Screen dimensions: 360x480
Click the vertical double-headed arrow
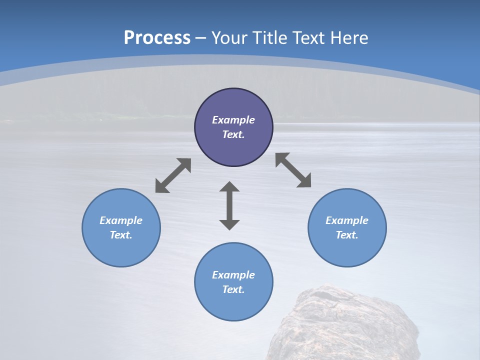229,206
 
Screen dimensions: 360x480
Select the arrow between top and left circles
173,175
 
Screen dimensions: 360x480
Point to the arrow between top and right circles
293,170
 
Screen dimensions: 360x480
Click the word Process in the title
157,38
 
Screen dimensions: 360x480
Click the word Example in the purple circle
233,120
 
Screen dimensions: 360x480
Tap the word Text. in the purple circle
233,134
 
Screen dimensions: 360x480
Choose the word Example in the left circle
121,220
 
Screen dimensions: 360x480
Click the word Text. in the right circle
347,235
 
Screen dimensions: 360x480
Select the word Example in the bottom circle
233,275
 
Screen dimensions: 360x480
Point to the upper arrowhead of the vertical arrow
229,188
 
